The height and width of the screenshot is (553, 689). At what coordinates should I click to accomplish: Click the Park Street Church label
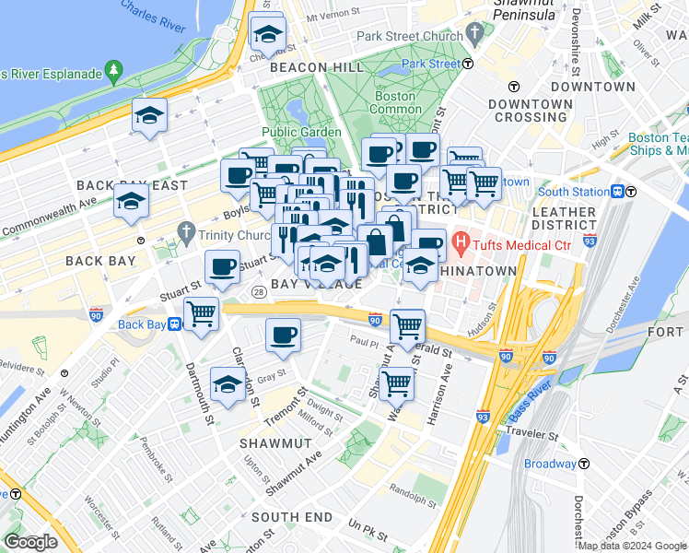pyautogui.click(x=409, y=37)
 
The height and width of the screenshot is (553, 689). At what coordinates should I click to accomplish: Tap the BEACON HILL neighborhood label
pyautogui.click(x=303, y=68)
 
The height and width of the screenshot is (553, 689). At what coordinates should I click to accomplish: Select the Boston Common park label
pyautogui.click(x=395, y=102)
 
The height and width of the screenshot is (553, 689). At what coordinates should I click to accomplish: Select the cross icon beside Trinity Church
pyautogui.click(x=187, y=229)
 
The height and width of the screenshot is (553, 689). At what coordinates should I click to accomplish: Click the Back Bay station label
pyautogui.click(x=142, y=324)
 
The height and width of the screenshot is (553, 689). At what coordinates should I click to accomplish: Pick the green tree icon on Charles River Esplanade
pyautogui.click(x=114, y=70)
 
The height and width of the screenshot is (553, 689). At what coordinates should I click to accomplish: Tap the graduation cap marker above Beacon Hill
pyautogui.click(x=267, y=33)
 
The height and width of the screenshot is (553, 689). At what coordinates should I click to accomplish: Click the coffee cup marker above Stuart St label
pyautogui.click(x=222, y=267)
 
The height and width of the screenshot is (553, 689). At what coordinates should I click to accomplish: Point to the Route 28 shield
pyautogui.click(x=257, y=292)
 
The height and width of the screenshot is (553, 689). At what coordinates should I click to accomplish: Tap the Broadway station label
pyautogui.click(x=550, y=464)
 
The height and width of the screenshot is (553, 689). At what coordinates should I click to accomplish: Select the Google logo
pyautogui.click(x=29, y=542)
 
